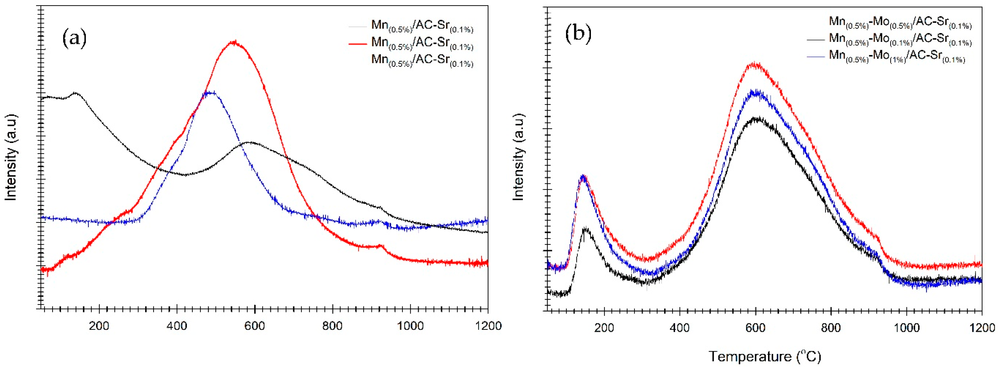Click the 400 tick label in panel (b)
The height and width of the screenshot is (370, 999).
[x=679, y=328]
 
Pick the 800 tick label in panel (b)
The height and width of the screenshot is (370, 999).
[x=831, y=328]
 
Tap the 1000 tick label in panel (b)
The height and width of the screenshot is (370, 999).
[x=906, y=328]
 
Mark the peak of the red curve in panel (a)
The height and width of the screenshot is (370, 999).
[x=233, y=42]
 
